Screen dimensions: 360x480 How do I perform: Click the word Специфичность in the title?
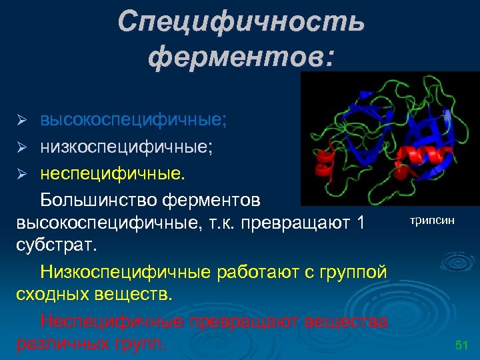(241, 22)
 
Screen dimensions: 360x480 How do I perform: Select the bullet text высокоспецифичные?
(133, 119)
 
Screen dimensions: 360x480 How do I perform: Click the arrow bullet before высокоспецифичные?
(22, 120)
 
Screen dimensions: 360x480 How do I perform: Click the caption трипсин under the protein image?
(432, 219)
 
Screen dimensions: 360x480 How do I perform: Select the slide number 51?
(461, 345)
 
